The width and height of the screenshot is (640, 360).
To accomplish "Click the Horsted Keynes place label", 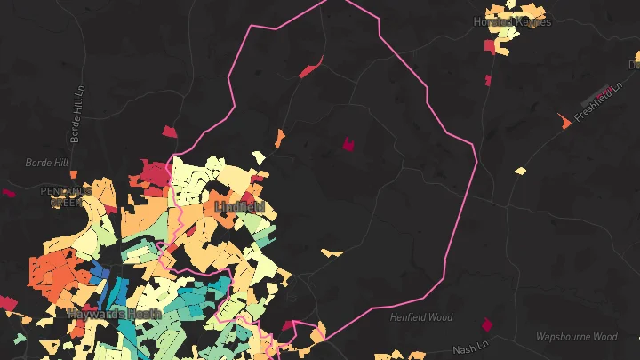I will [512, 22].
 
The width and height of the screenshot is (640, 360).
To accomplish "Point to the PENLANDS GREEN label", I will [66, 196].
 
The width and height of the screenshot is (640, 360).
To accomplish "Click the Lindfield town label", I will [239, 206].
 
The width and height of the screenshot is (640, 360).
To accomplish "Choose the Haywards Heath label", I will [114, 313].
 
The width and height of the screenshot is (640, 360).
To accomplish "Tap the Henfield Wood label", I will [420, 317].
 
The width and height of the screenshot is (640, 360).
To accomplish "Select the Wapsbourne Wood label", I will [576, 337].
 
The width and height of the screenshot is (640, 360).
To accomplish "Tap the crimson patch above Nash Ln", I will [486, 324].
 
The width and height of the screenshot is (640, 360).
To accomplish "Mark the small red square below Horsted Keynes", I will [488, 81].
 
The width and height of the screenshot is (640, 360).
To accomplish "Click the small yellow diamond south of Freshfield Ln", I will [520, 171].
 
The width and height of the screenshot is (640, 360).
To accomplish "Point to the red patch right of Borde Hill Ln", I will [170, 132].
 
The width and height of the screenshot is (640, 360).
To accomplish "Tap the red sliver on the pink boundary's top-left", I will [309, 68].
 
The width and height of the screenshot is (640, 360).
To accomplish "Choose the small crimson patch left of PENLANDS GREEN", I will [8, 193].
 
